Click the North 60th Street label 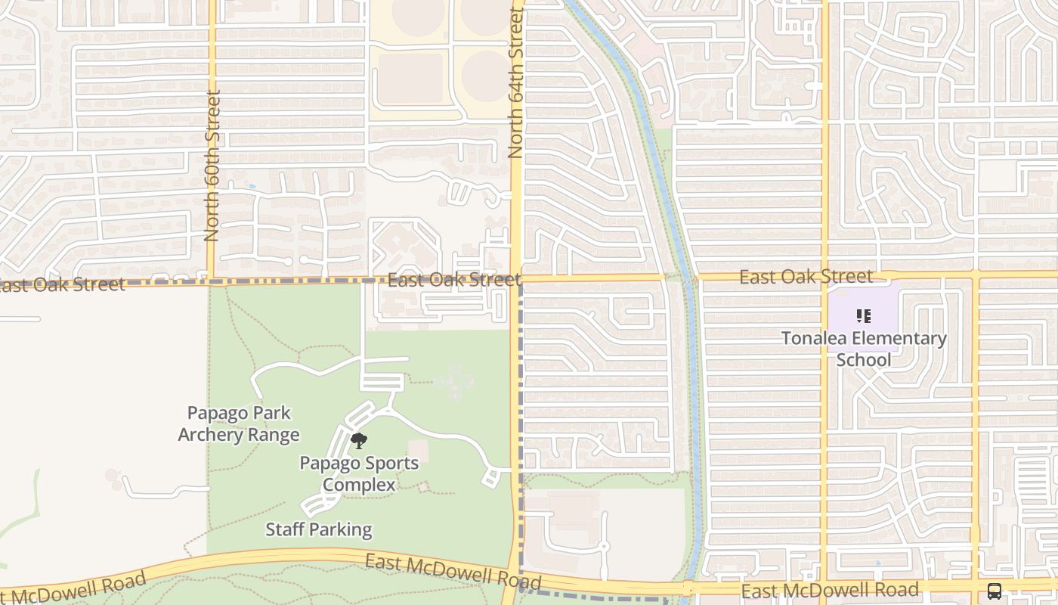pos(212,166)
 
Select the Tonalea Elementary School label pos(864,349)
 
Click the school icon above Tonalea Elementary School pos(863,316)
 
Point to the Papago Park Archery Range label pos(239,424)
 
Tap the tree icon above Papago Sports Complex pos(359,441)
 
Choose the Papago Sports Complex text pos(359,473)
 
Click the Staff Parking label pos(318,529)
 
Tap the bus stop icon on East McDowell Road pos(995,591)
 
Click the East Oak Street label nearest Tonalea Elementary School pos(806,277)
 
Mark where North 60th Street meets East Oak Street pos(212,281)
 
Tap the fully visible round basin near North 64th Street pos(485,76)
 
